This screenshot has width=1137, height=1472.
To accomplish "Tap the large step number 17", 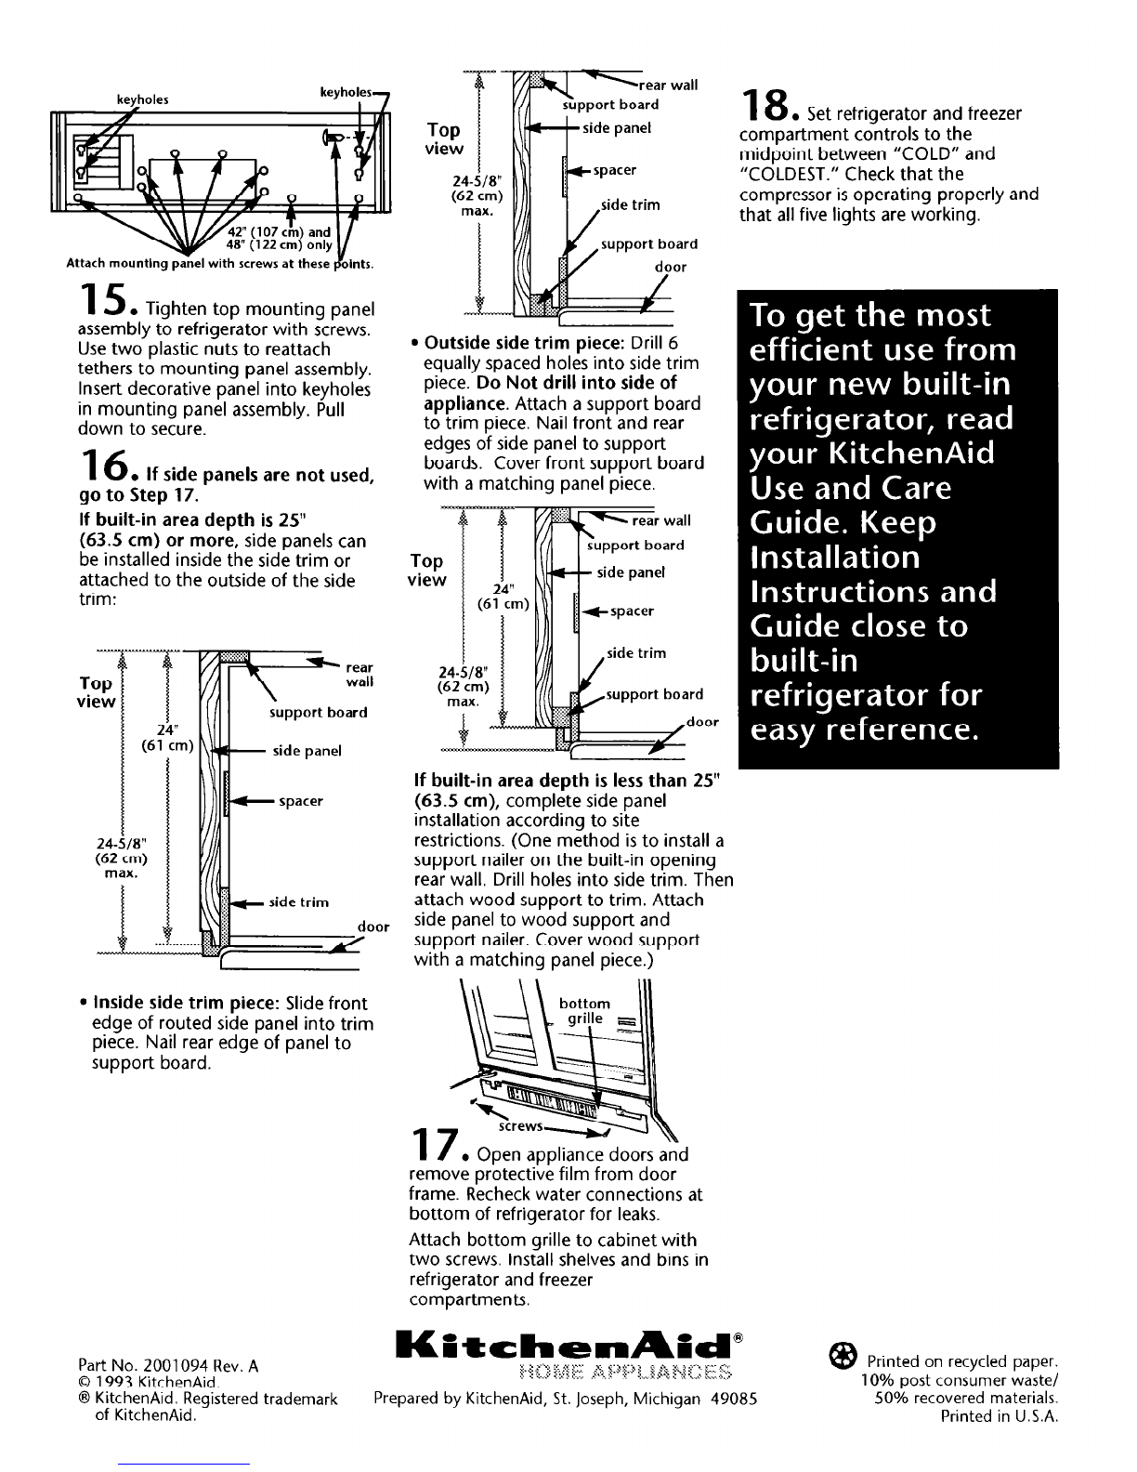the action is point(436,1144).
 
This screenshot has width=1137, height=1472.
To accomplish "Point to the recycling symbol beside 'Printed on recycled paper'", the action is point(843,1356).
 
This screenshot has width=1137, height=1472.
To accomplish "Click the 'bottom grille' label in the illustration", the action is point(584,1011).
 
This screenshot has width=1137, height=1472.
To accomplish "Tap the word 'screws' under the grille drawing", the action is point(520,1126).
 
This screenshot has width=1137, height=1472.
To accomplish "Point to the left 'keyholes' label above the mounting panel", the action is point(143,99).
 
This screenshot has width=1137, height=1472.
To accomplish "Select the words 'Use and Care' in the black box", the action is point(851,488).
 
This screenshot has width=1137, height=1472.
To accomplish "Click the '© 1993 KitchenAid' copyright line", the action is point(148,1383).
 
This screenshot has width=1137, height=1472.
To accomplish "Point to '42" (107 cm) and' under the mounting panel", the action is point(279,231).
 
